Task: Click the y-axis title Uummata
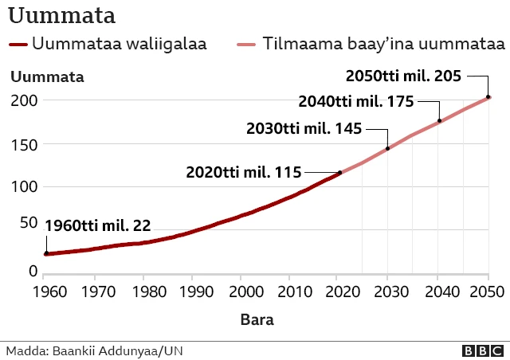[x=47, y=77]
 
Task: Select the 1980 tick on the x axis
[x=144, y=291]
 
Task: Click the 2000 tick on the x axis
[x=242, y=291]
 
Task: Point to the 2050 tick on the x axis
[x=487, y=291]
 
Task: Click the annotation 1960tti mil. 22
[x=97, y=225]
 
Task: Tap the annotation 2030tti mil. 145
[x=304, y=128]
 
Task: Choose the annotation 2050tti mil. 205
[x=403, y=76]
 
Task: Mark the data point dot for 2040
[x=439, y=121]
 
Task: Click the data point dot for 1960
[x=46, y=253]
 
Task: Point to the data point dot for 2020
[x=340, y=172]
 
